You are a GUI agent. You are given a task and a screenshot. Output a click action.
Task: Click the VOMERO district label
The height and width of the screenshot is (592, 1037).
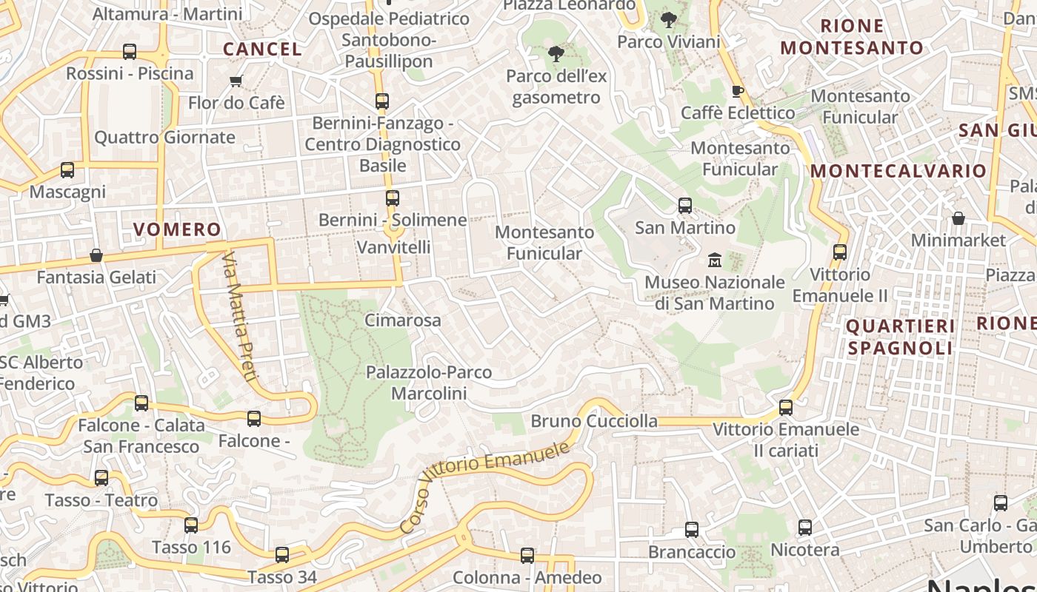click(177, 229)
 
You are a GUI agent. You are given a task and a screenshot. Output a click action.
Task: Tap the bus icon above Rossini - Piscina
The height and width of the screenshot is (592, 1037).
click(130, 52)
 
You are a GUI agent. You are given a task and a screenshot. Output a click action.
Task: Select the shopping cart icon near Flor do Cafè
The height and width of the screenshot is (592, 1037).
click(236, 81)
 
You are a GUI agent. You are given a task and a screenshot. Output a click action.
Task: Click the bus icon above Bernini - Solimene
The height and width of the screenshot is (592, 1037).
click(393, 198)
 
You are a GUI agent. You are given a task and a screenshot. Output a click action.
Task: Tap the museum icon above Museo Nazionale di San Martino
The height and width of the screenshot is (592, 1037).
click(715, 260)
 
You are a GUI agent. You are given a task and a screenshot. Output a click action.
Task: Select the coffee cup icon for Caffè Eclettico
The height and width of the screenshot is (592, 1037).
click(737, 91)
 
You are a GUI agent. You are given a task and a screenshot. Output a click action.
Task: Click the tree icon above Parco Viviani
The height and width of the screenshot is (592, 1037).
click(669, 20)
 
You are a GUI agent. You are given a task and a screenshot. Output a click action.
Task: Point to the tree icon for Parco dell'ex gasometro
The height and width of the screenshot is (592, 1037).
click(556, 53)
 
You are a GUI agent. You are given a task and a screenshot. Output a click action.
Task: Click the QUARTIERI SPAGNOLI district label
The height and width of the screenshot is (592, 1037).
click(900, 337)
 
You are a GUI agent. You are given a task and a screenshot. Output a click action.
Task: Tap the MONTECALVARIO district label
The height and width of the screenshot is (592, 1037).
click(898, 171)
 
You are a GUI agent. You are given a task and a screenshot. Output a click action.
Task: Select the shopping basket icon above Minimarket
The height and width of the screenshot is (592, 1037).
click(958, 218)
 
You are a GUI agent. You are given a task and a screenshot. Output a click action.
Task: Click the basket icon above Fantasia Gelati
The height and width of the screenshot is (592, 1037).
click(96, 256)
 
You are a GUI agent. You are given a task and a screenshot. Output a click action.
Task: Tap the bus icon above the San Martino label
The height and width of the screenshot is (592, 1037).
click(685, 206)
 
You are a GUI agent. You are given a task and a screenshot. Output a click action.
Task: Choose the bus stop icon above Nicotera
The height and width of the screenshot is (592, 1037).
click(805, 528)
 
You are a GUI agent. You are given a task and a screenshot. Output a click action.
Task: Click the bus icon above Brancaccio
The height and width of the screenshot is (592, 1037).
click(692, 530)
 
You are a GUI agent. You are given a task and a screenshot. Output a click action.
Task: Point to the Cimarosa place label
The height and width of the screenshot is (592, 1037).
click(402, 320)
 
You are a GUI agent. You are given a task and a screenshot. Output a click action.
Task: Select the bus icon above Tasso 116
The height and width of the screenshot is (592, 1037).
click(191, 525)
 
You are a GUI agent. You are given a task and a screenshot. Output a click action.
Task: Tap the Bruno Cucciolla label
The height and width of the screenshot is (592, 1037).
click(594, 421)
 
